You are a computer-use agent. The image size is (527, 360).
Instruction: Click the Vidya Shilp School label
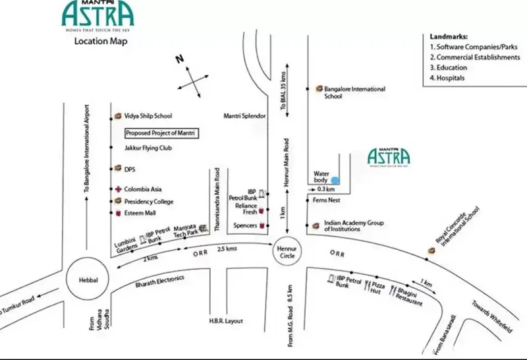coord(148,115)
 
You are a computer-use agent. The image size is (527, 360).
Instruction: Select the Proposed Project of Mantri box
coord(162,133)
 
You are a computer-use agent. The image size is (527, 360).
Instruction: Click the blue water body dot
coord(335,179)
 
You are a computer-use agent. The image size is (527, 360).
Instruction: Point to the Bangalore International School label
coord(354,92)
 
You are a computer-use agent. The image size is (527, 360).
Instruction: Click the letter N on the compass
coord(178,59)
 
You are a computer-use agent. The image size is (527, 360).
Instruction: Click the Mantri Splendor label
coord(244,116)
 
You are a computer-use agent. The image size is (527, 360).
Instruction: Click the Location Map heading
coord(101,41)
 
